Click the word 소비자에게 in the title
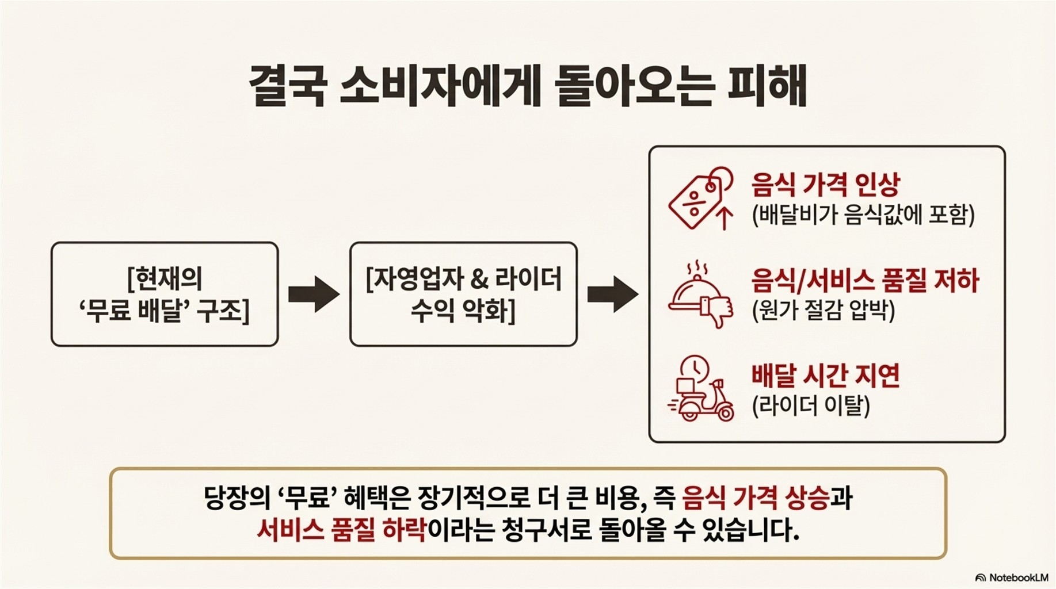440,86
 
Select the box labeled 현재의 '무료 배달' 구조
165,294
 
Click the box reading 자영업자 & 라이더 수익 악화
463,294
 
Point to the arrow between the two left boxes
314,294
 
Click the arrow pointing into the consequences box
612,294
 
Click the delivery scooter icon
700,389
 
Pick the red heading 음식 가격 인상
825,185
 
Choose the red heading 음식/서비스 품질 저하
865,281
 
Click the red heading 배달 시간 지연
825,376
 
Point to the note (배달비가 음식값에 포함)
863,215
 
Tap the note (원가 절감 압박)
824,311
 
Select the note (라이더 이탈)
811,406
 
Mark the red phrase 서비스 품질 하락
341,529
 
